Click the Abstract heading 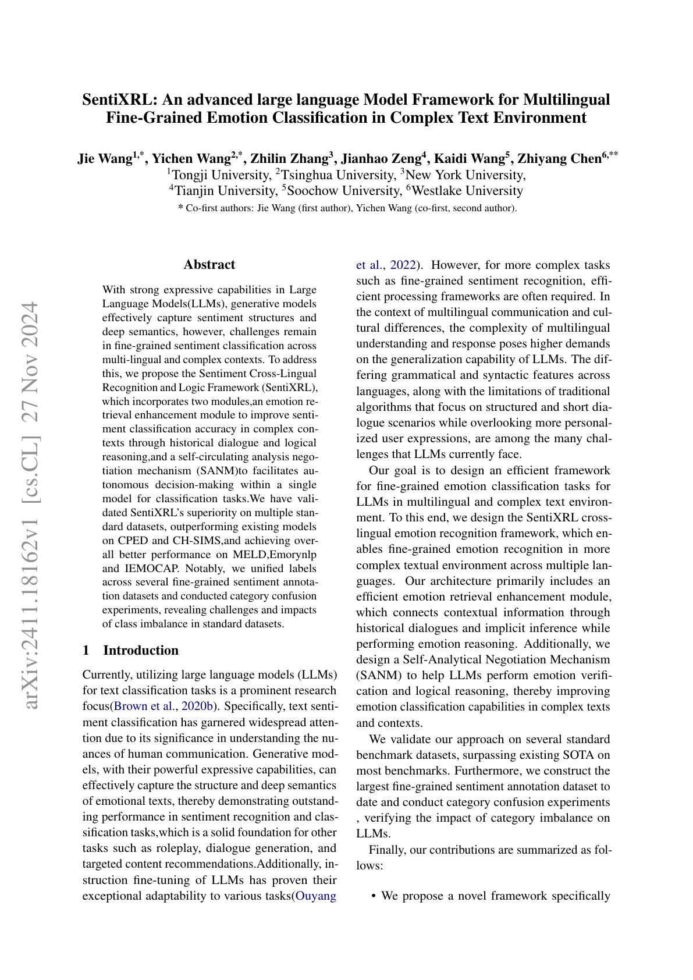point(209,265)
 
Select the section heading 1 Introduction point(130,650)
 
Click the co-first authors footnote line point(347,208)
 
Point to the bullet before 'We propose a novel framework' point(373,896)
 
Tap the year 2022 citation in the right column point(403,265)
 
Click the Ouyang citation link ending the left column point(316,896)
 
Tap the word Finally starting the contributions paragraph point(387,850)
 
